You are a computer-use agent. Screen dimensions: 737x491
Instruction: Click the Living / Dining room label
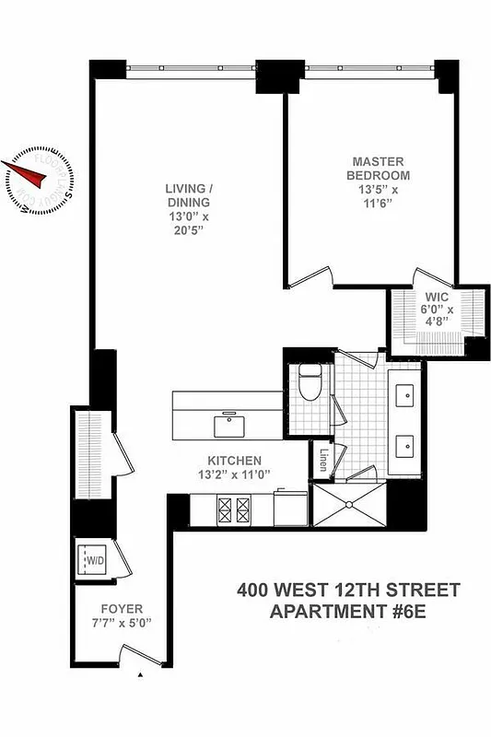188,195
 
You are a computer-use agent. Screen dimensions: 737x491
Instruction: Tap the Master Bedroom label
378,168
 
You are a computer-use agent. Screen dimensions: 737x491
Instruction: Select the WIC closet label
436,297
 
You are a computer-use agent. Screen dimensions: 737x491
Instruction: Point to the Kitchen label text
235,461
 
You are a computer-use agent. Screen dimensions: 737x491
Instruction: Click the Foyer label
121,609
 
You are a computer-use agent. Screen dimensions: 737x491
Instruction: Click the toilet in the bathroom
310,380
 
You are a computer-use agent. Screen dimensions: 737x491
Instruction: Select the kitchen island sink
228,426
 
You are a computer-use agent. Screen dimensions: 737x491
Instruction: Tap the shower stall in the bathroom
350,506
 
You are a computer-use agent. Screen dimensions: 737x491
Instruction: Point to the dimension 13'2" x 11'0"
234,475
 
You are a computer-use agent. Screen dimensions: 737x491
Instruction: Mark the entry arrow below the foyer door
140,676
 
